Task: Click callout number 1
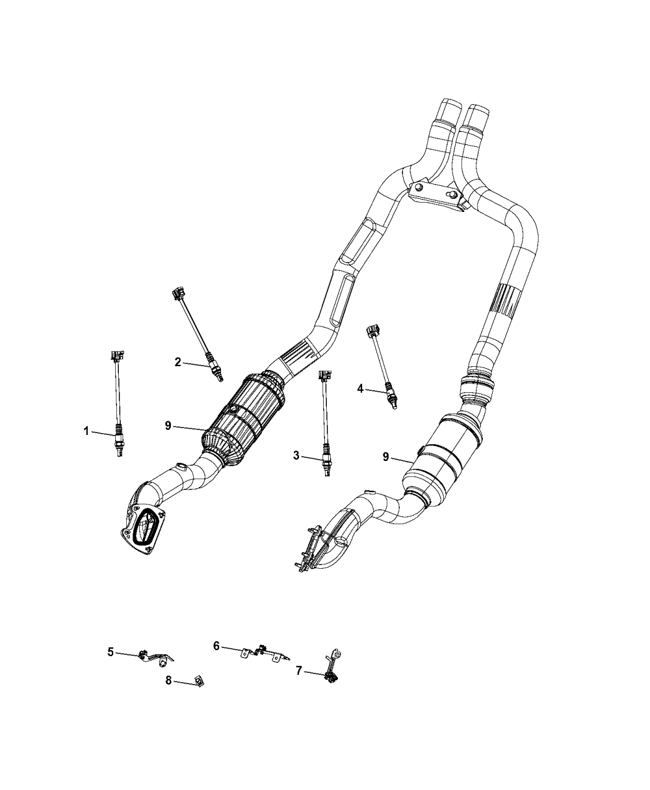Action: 86,431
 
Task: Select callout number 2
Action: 178,362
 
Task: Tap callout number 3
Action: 296,455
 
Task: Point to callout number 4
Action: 360,388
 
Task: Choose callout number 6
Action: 216,646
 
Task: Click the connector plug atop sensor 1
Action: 117,356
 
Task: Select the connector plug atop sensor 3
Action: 325,375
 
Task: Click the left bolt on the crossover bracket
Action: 418,187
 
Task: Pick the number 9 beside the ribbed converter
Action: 168,426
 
